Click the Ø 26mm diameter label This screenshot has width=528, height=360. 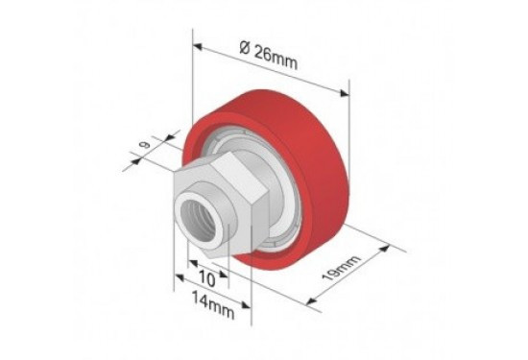pyautogui.click(x=269, y=57)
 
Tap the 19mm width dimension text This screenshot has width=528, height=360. pyautogui.click(x=342, y=268)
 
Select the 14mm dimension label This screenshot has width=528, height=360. pyautogui.click(x=213, y=305)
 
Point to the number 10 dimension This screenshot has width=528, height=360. pyautogui.click(x=206, y=278)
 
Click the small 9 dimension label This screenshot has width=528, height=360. pyautogui.click(x=145, y=145)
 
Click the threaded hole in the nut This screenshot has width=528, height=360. pyautogui.click(x=198, y=220)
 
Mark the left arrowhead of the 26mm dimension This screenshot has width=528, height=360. pyautogui.click(x=198, y=46)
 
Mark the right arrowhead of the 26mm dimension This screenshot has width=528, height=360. pyautogui.click(x=345, y=93)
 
